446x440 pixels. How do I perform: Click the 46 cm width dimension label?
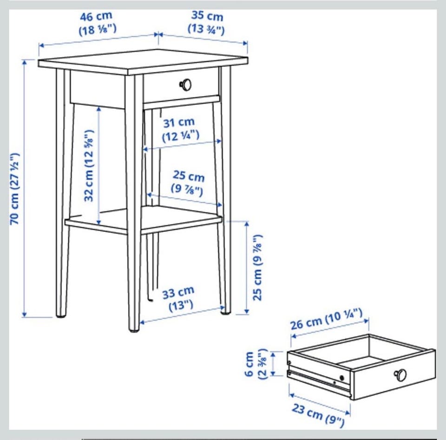(x=96, y=17)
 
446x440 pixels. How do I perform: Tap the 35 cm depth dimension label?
(x=207, y=16)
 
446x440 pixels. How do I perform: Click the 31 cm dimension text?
(x=179, y=123)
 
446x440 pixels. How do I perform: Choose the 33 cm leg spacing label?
(x=178, y=293)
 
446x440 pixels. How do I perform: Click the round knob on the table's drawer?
(x=185, y=85)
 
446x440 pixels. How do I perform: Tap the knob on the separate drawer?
(x=400, y=374)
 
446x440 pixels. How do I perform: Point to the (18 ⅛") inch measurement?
(x=98, y=29)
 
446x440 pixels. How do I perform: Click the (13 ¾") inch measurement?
(x=206, y=29)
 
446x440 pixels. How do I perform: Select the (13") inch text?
(x=181, y=306)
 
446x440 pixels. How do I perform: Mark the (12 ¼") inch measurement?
(x=181, y=136)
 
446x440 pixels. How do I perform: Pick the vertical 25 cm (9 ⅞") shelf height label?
(x=258, y=267)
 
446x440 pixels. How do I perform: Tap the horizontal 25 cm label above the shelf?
(x=189, y=176)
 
